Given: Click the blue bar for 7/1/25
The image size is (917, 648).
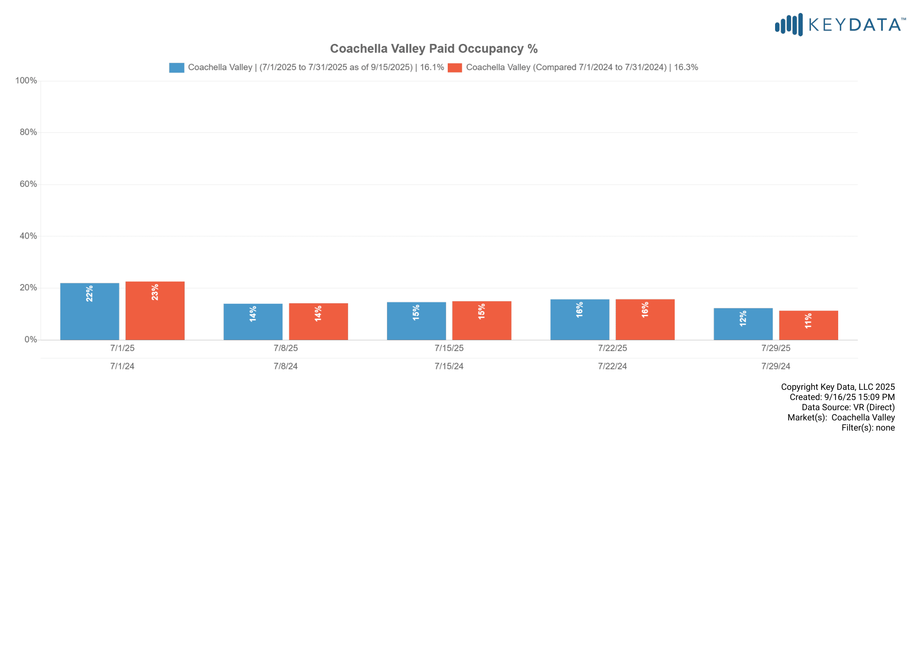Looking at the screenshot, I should pyautogui.click(x=89, y=311).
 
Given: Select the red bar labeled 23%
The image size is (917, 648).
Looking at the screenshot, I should pyautogui.click(x=155, y=311).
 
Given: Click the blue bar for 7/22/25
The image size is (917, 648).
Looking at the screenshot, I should pyautogui.click(x=579, y=320).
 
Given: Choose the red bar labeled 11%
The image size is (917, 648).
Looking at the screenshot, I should pyautogui.click(x=808, y=325).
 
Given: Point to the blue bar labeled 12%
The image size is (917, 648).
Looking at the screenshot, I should pyautogui.click(x=743, y=324).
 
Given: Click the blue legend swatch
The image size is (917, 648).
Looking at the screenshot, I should pyautogui.click(x=176, y=67).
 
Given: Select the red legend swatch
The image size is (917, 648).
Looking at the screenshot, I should pyautogui.click(x=454, y=67).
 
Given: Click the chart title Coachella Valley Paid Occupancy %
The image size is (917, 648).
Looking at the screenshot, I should pyautogui.click(x=433, y=49).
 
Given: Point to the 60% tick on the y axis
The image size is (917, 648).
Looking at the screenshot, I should pyautogui.click(x=28, y=184).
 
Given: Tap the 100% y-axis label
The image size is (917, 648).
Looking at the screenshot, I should pyautogui.click(x=26, y=81).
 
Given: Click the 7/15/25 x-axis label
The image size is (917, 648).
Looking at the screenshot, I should pyautogui.click(x=449, y=348).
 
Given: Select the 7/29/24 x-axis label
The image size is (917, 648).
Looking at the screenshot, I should pyautogui.click(x=775, y=366).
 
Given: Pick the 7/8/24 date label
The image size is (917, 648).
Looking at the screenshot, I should pyautogui.click(x=285, y=366).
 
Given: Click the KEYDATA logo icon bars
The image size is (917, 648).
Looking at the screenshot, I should pyautogui.click(x=789, y=25).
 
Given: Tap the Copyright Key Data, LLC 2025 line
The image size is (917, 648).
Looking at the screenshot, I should pyautogui.click(x=837, y=387).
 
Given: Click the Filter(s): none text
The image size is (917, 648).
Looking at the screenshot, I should pyautogui.click(x=868, y=428).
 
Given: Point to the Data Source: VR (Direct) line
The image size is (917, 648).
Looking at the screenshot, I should pyautogui.click(x=848, y=407).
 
